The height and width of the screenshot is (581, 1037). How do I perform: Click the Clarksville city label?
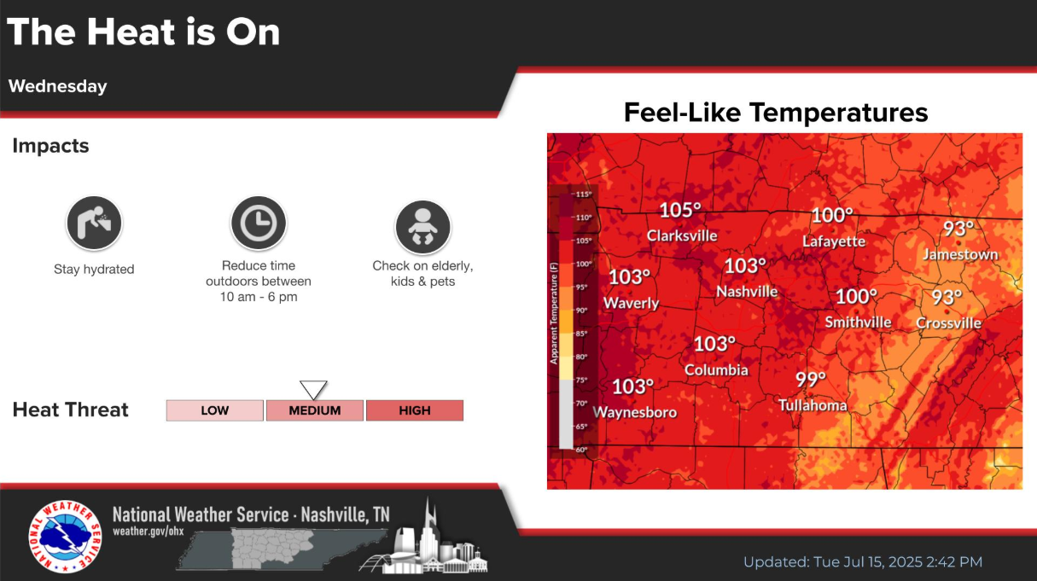pyautogui.click(x=682, y=236)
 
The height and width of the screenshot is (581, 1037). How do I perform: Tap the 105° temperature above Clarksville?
pyautogui.click(x=680, y=211)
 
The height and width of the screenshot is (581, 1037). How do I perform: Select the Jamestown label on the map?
pyautogui.click(x=960, y=254)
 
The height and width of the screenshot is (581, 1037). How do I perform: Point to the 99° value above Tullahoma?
pyautogui.click(x=811, y=380)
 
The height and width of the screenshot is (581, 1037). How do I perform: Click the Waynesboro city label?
pyautogui.click(x=635, y=412)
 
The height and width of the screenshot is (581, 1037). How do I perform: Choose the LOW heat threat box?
pyautogui.click(x=215, y=410)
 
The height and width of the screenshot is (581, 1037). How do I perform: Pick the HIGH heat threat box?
pyautogui.click(x=415, y=410)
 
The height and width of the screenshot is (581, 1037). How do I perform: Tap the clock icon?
pyautogui.click(x=259, y=223)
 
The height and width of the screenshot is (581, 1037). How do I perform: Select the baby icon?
pyautogui.click(x=422, y=227)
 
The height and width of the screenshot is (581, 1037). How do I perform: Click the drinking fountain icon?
pyautogui.click(x=94, y=223)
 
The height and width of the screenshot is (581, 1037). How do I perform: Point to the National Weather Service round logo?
pyautogui.click(x=65, y=537)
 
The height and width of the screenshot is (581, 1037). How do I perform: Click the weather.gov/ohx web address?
pyautogui.click(x=149, y=531)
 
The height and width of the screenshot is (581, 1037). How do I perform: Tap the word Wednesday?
pyautogui.click(x=57, y=86)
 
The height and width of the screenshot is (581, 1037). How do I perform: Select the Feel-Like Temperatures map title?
pyautogui.click(x=776, y=113)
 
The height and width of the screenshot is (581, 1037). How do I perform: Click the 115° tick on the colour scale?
pyautogui.click(x=583, y=195)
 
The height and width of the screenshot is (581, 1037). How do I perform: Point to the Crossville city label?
pyautogui.click(x=948, y=322)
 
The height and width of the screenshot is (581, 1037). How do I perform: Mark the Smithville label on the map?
pyautogui.click(x=858, y=322)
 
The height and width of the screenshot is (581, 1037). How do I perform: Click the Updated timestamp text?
pyautogui.click(x=863, y=562)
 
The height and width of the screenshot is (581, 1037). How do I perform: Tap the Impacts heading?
pyautogui.click(x=50, y=146)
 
